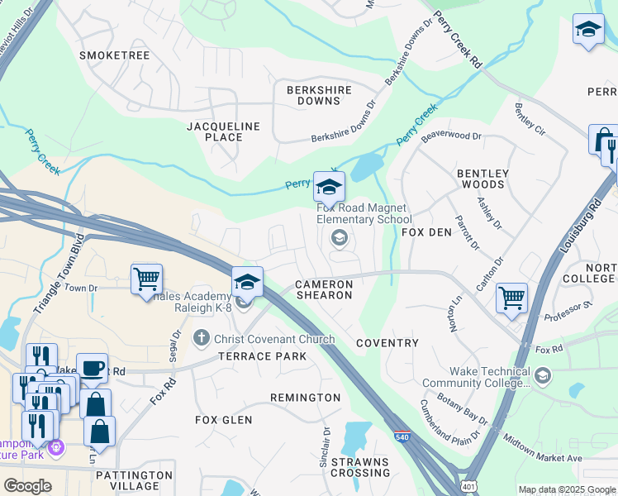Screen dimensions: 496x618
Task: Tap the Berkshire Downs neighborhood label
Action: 319,95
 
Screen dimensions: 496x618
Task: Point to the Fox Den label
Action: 426,232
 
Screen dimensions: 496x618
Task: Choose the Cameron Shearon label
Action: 325,289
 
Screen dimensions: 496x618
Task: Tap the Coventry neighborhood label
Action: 387,342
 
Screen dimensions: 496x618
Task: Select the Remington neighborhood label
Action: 305,398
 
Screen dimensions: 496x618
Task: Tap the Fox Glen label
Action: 223,420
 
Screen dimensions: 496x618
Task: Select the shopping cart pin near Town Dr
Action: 146,279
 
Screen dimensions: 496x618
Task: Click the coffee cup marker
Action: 93,367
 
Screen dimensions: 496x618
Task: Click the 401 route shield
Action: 468,487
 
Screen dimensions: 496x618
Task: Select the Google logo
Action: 28,485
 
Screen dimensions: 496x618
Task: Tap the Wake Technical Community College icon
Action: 543,377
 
